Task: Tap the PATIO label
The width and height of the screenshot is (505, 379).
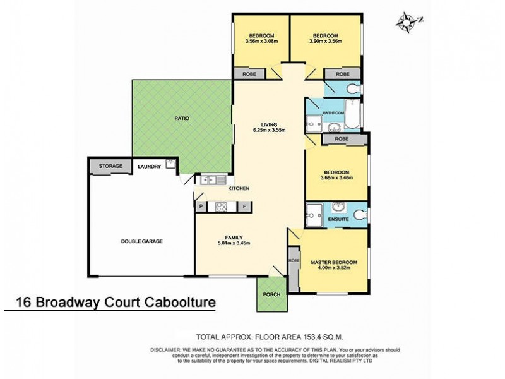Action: [x=182, y=118]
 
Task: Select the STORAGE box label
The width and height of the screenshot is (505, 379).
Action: [x=110, y=166]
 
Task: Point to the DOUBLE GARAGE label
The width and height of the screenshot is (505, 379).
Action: [x=142, y=241]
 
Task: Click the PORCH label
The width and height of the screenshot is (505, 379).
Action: [x=271, y=295]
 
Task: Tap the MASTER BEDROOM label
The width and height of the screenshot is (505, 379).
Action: [x=333, y=262]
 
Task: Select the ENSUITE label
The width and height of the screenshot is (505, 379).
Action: [x=338, y=219]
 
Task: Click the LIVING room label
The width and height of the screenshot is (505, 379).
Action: [x=270, y=124]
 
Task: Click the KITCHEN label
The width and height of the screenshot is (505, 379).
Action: [x=239, y=188]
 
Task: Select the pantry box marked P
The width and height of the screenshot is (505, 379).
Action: [x=201, y=206]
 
